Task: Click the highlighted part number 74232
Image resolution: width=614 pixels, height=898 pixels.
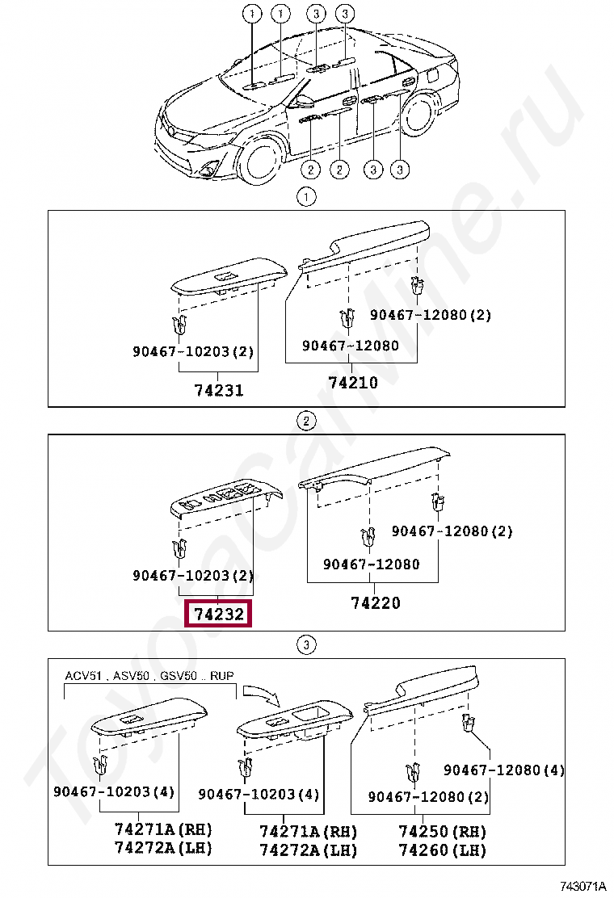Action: click(x=218, y=614)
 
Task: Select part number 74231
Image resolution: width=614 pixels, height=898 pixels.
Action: click(x=219, y=391)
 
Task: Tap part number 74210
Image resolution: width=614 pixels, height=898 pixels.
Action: click(x=353, y=383)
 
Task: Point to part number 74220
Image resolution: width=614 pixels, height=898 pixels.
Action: click(x=375, y=602)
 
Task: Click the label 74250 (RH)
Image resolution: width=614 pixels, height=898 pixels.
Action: click(x=442, y=832)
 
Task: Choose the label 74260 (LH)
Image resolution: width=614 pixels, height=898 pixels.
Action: click(x=442, y=850)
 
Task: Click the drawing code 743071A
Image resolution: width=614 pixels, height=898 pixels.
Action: click(x=582, y=888)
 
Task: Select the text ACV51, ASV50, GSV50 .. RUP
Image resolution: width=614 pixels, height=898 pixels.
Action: click(x=149, y=676)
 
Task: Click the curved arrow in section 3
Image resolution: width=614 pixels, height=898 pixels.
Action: click(x=261, y=694)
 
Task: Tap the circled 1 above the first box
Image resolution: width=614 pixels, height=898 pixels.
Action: click(x=306, y=198)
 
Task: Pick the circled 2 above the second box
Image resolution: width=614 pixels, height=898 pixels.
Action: click(x=306, y=422)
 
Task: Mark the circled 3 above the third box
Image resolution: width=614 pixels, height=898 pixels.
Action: click(x=306, y=645)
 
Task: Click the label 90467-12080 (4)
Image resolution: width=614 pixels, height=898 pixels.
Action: click(x=504, y=770)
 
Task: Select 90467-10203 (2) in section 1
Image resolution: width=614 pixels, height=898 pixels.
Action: click(x=193, y=351)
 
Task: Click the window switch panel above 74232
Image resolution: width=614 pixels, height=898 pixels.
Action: click(x=225, y=498)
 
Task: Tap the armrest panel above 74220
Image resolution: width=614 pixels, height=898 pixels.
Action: click(x=374, y=472)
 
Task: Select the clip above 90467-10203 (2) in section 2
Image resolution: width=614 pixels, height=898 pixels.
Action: click(x=180, y=549)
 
